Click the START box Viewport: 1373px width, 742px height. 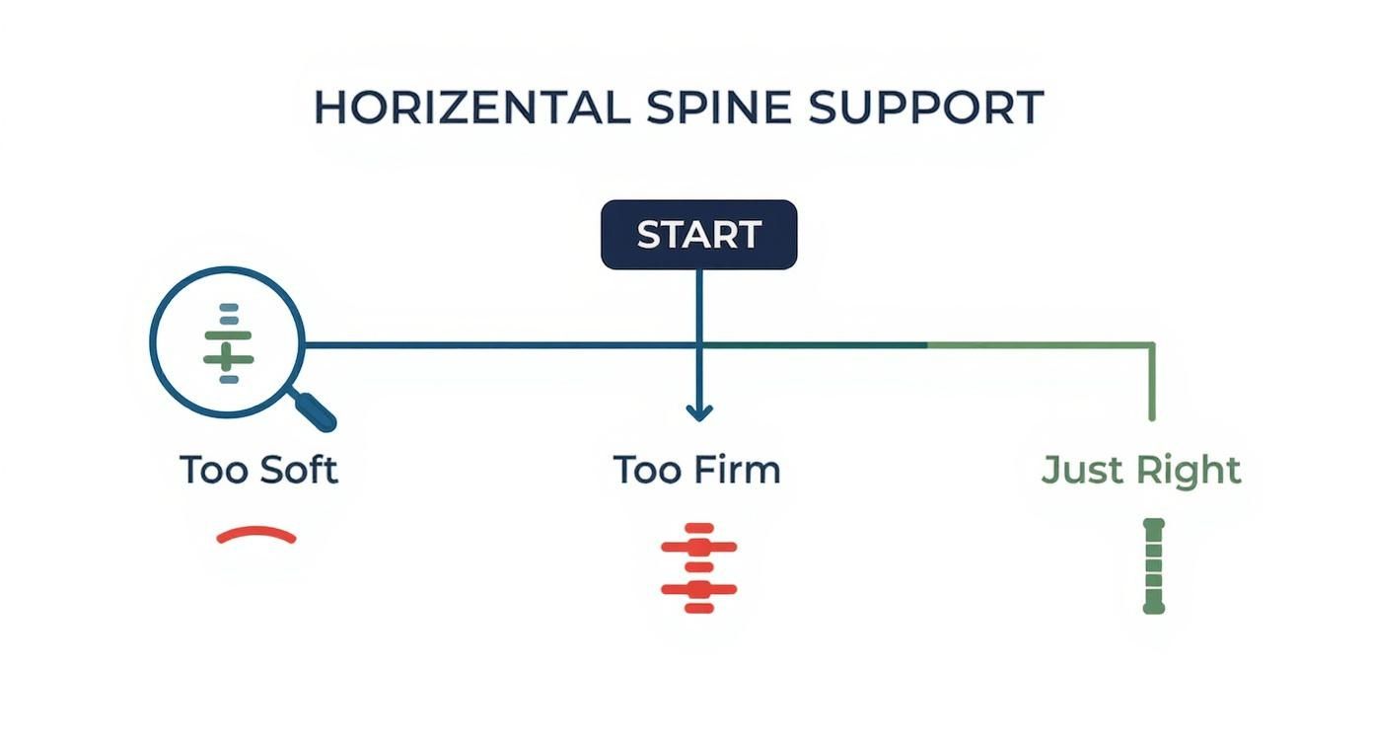[x=698, y=235]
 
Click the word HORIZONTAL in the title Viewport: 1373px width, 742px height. [x=471, y=108]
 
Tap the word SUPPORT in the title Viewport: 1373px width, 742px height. [x=925, y=108]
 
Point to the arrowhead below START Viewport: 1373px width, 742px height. [x=698, y=411]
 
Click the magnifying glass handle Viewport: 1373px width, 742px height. [x=317, y=411]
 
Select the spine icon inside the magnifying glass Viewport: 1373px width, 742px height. [x=229, y=342]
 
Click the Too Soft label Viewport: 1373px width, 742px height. [x=258, y=470]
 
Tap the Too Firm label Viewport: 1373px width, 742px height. [x=696, y=470]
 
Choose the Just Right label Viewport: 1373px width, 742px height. [x=1141, y=470]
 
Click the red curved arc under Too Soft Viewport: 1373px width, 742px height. [x=256, y=535]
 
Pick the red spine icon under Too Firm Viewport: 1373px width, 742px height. [x=698, y=567]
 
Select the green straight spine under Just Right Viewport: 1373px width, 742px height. [x=1153, y=565]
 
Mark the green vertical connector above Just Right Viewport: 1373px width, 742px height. [x=1152, y=385]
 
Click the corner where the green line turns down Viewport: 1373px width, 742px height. [x=1152, y=344]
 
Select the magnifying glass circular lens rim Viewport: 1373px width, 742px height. [x=152, y=342]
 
